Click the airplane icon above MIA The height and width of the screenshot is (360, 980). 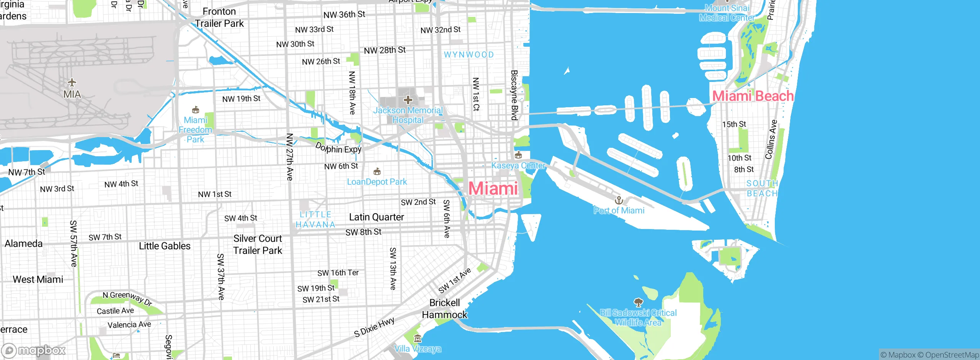72,82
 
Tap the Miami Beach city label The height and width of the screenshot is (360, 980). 753,96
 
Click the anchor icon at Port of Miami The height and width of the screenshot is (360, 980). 619,200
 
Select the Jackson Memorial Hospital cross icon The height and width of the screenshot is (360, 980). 408,100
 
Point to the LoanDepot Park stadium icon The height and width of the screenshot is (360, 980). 377,171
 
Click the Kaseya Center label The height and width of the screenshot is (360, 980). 518,165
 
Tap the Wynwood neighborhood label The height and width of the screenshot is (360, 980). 469,55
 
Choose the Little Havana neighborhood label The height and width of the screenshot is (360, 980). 315,219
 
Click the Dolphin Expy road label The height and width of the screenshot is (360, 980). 338,148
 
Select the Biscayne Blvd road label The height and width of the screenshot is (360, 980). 514,95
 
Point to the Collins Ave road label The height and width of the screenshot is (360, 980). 771,139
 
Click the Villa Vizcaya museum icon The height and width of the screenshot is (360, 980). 418,339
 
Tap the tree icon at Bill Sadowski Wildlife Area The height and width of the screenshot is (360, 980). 638,303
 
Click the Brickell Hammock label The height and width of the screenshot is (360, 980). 444,309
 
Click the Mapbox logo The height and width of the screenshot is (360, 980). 34,350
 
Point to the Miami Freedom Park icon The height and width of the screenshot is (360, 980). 196,110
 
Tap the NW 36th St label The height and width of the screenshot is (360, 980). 344,15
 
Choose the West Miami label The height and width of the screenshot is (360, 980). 38,280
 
